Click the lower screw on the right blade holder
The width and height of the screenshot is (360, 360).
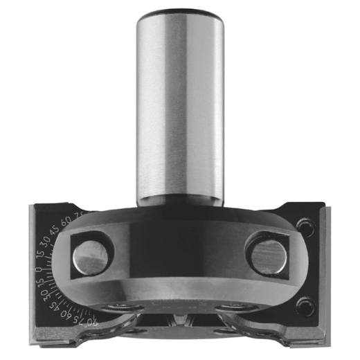tap(304, 303)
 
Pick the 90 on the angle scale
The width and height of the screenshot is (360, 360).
tap(94, 323)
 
